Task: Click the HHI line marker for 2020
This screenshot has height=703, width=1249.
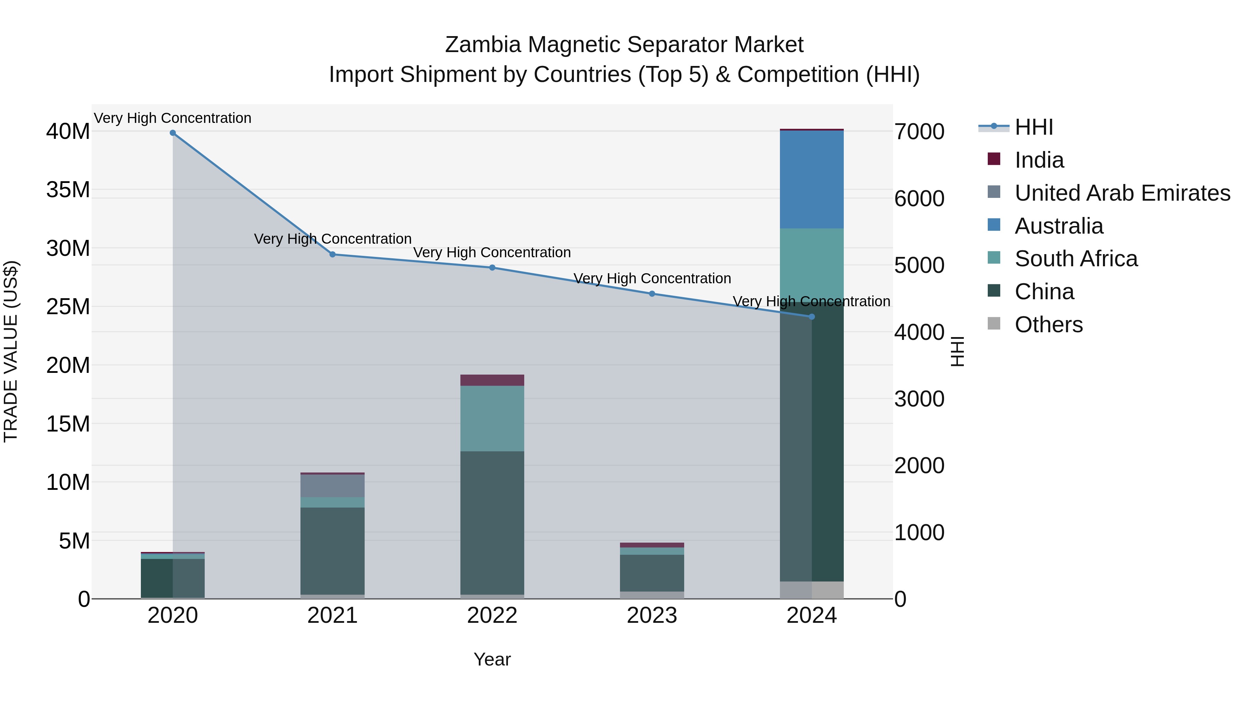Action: coord(173,133)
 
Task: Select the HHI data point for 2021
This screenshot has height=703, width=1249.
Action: coord(333,254)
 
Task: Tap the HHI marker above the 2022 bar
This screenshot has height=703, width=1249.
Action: coord(492,267)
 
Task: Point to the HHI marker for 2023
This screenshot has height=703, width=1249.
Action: coord(652,293)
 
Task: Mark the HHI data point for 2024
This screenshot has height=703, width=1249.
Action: coord(812,317)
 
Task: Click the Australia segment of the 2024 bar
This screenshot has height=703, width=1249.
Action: coord(812,179)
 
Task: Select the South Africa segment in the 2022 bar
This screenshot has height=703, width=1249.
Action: coord(492,418)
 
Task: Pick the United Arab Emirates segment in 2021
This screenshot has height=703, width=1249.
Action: coord(333,486)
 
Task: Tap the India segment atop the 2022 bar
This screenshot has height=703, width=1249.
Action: coord(492,380)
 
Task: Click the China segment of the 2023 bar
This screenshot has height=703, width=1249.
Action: coord(652,573)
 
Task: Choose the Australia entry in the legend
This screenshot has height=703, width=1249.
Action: coord(1059,226)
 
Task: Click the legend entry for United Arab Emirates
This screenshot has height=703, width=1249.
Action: coord(1122,193)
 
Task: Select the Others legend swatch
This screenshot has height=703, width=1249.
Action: coord(994,324)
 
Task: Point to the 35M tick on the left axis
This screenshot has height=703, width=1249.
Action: coord(68,190)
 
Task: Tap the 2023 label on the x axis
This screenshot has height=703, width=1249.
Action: coord(652,616)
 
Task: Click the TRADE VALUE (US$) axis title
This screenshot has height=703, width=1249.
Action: coord(11,351)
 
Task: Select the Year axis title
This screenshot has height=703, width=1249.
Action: coord(492,659)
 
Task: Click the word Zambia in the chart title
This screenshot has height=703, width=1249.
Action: coord(483,45)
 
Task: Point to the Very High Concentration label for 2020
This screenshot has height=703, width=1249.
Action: coord(173,118)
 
